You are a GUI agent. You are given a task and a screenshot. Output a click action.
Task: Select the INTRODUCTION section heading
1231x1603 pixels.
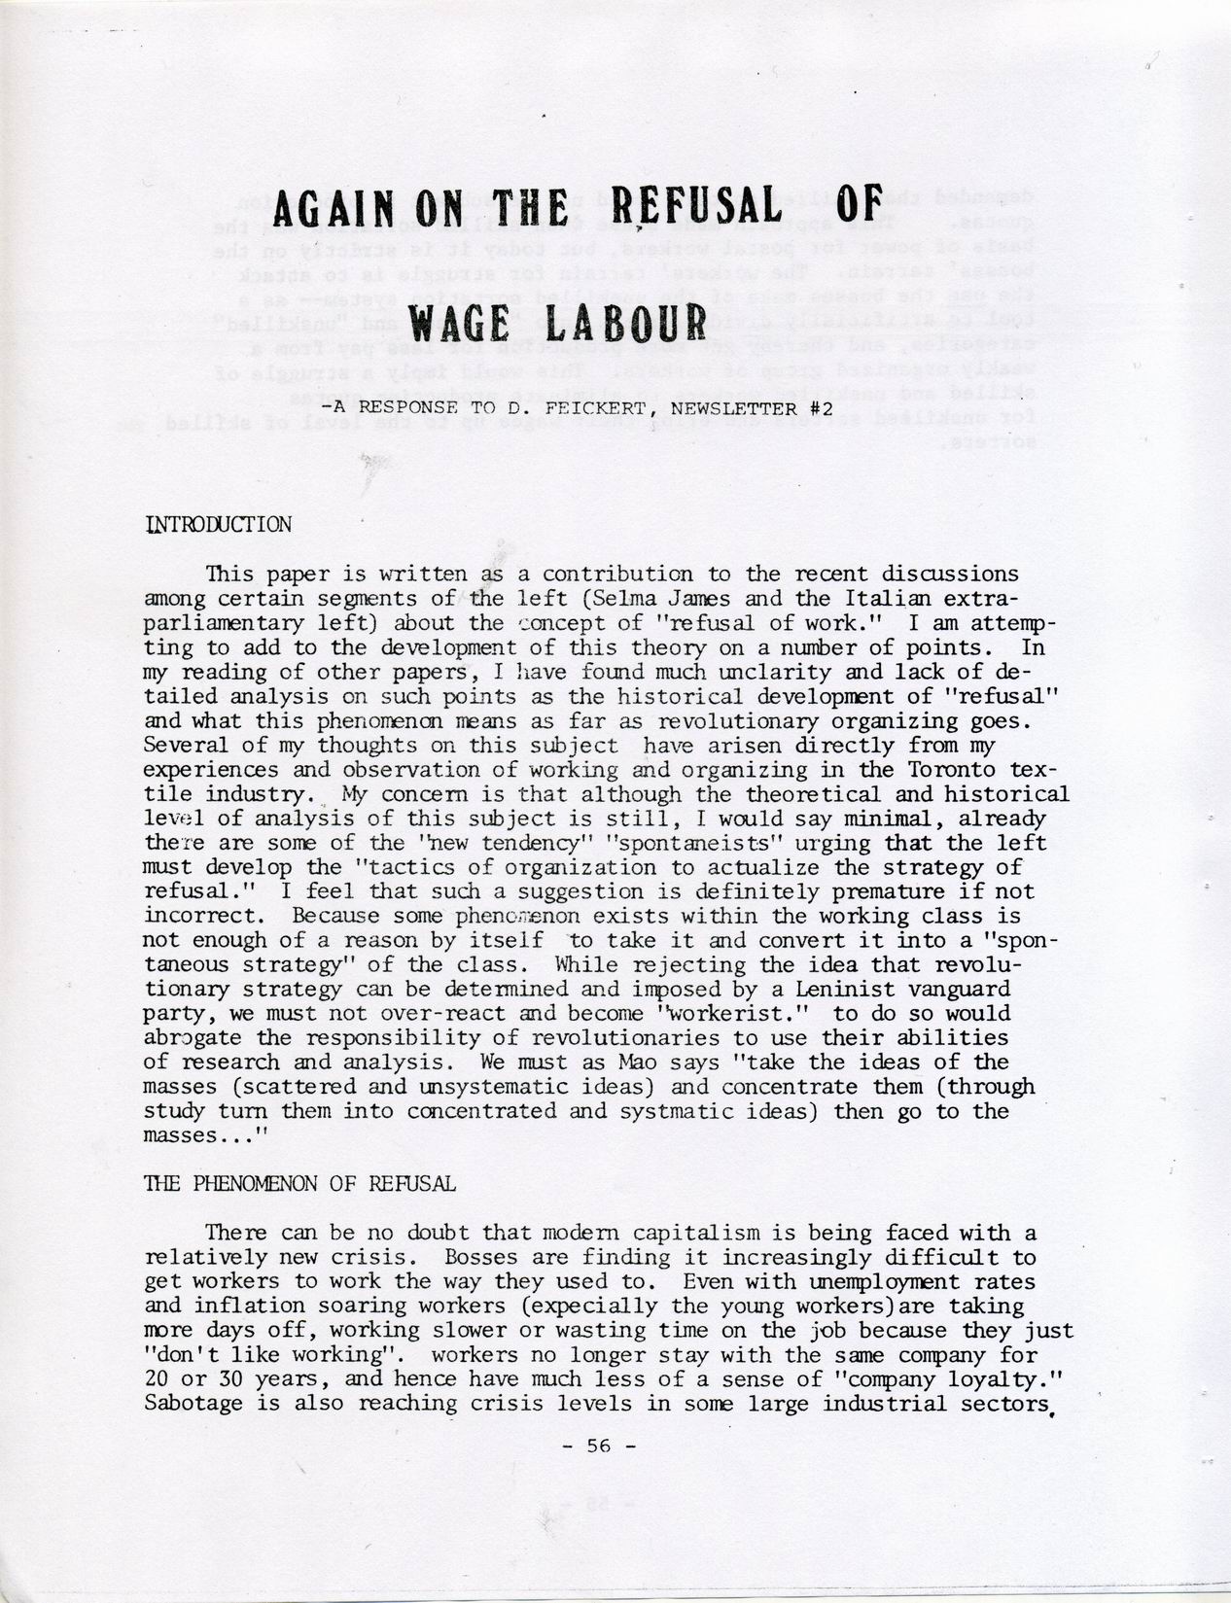pyautogui.click(x=218, y=525)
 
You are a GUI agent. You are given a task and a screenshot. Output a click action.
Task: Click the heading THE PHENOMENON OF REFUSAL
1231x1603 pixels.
pyautogui.click(x=299, y=1184)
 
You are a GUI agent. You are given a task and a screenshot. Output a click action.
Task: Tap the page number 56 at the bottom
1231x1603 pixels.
pyautogui.click(x=597, y=1445)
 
